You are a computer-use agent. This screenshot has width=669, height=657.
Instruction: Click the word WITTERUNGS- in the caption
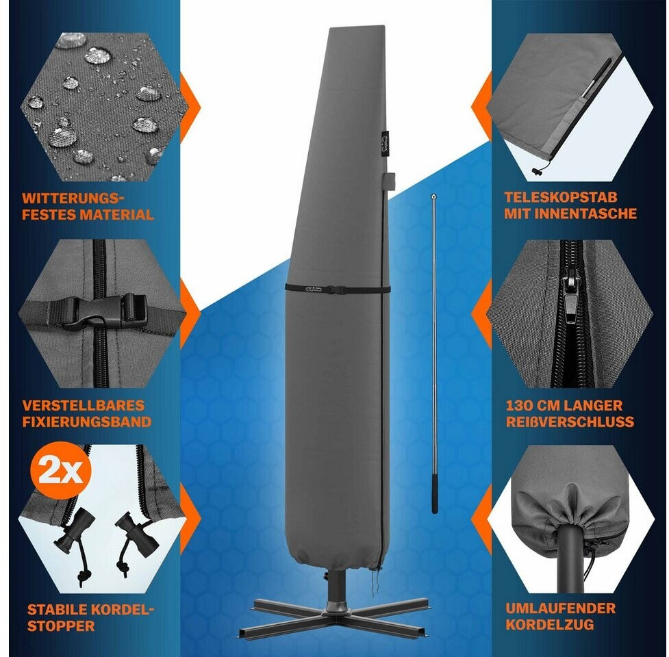pos(73,198)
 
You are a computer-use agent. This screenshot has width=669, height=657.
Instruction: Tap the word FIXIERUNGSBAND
pos(87,422)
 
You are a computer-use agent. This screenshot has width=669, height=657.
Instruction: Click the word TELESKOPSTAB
pos(561,197)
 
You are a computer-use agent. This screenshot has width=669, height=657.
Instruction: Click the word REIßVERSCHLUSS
pos(570,422)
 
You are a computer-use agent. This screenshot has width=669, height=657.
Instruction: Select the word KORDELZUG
pos(550,625)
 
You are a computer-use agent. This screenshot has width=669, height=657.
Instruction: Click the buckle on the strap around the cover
pos(336,289)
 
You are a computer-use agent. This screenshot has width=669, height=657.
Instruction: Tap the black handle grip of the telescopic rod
pos(434,496)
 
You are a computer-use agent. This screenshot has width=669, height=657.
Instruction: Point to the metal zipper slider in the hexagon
pos(571,301)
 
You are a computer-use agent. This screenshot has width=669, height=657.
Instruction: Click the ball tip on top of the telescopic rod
pos(433,196)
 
